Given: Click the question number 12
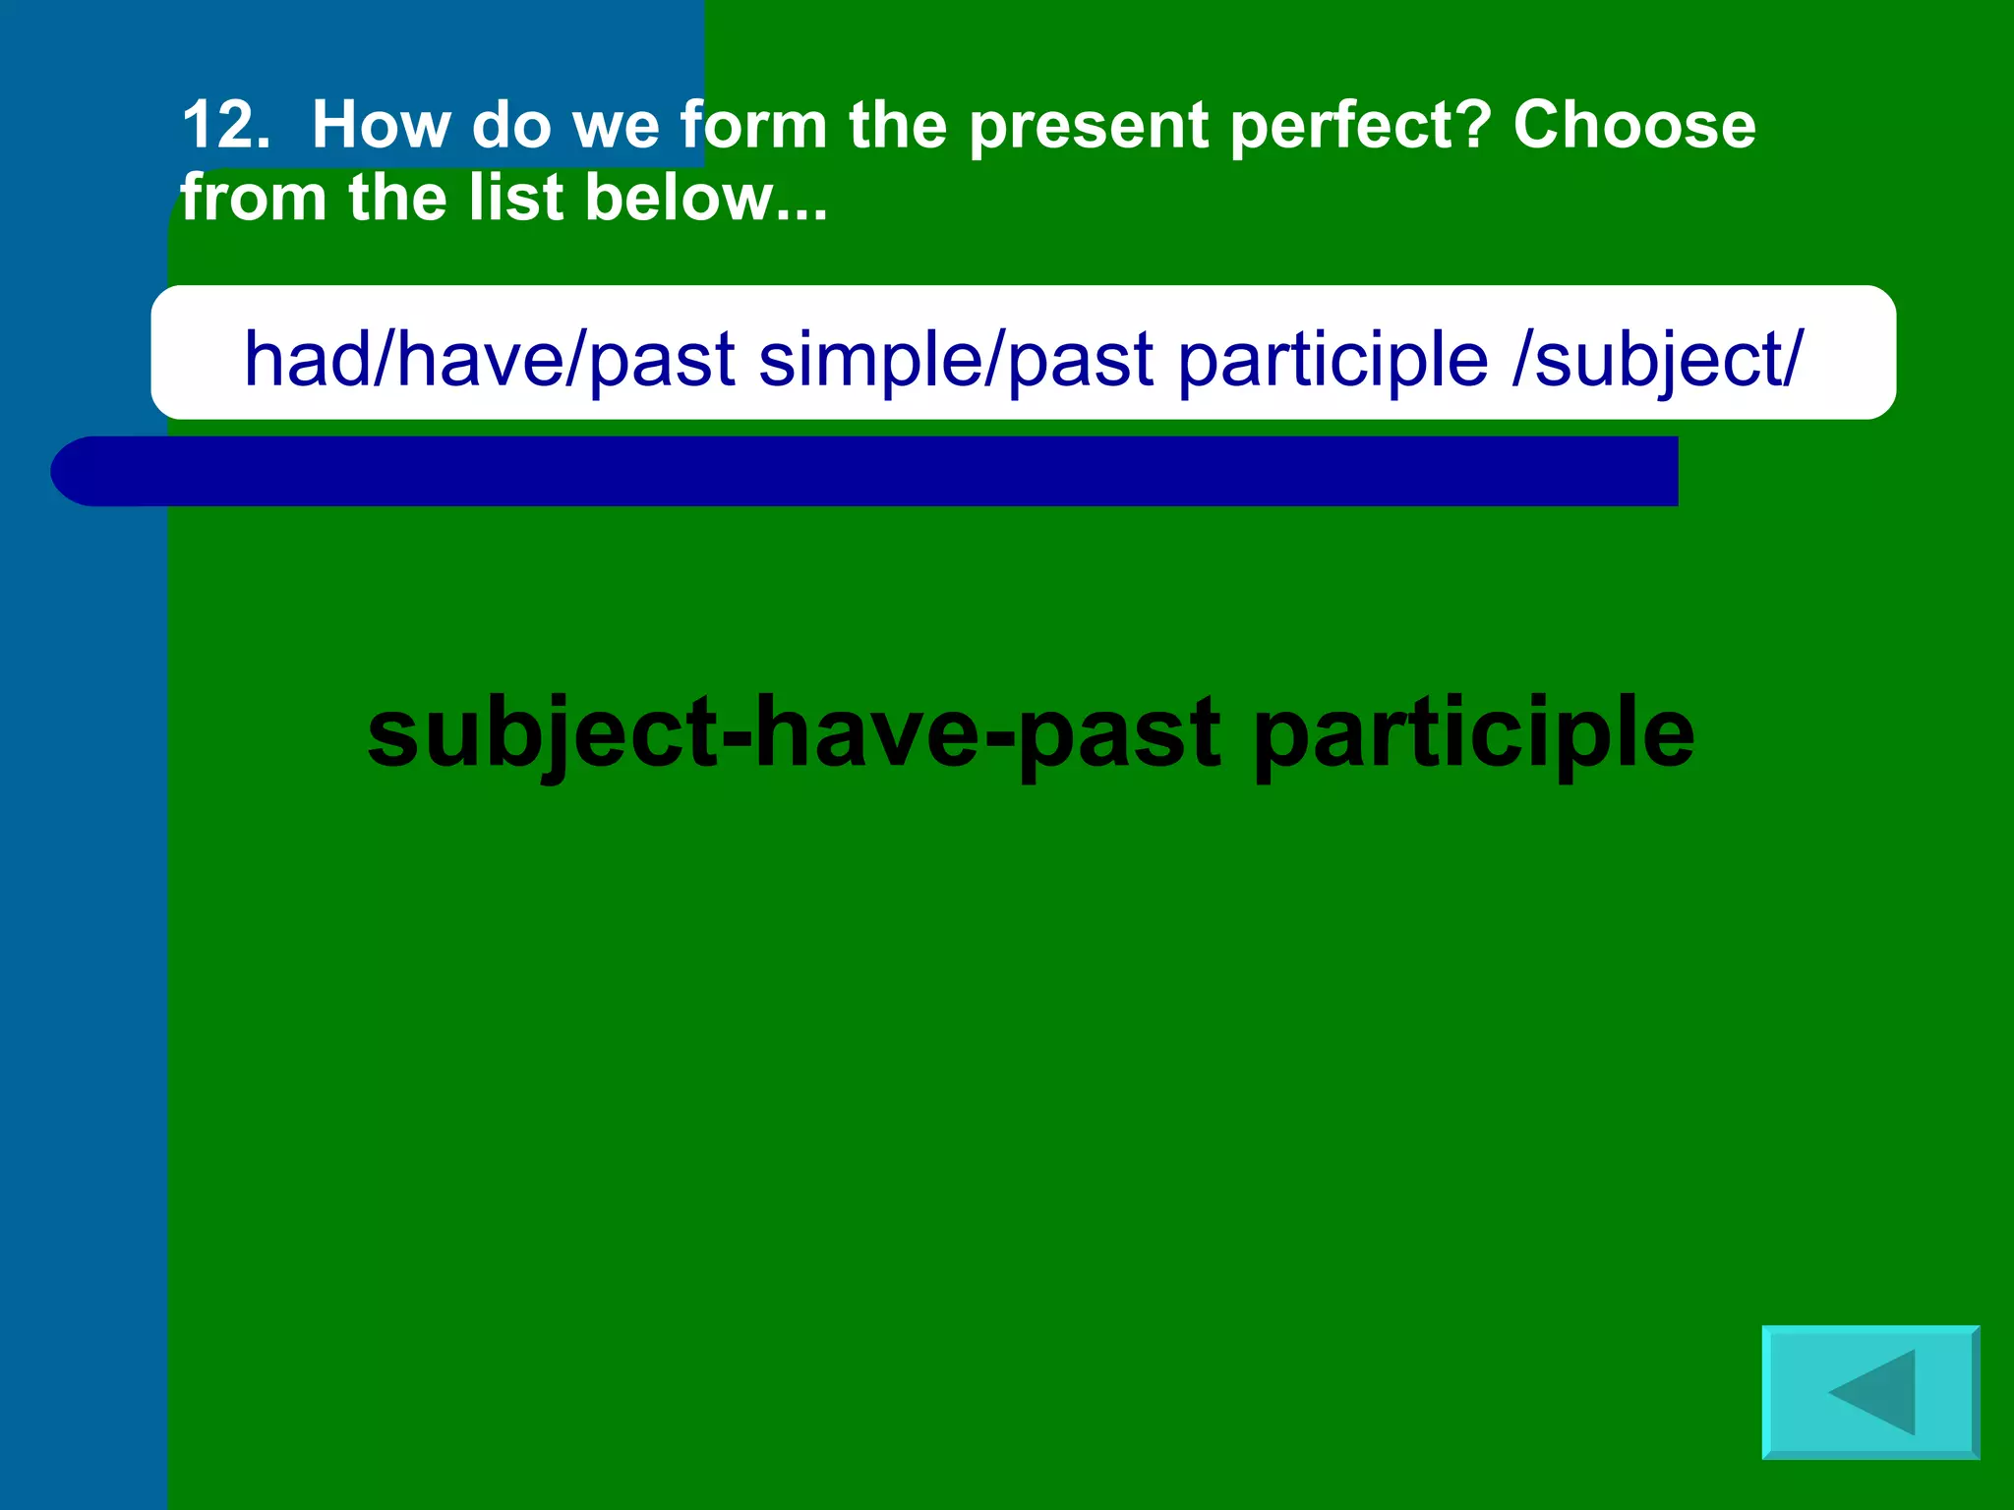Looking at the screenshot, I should (x=225, y=126).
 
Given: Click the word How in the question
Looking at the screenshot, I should (x=380, y=126).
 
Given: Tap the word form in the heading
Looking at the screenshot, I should (x=753, y=126).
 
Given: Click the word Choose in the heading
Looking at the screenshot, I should (x=1633, y=126).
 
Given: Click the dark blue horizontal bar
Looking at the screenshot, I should (x=865, y=472).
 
